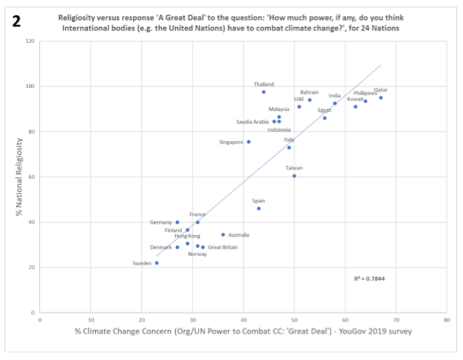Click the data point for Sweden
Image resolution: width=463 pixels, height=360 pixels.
click(157, 263)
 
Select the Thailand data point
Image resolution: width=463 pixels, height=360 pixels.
click(263, 91)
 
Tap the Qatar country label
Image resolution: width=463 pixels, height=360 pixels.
click(381, 90)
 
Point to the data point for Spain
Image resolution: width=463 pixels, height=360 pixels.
click(259, 208)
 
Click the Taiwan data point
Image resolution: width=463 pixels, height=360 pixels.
click(294, 176)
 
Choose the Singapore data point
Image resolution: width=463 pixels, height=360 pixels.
click(249, 142)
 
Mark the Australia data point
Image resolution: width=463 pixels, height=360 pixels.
click(223, 235)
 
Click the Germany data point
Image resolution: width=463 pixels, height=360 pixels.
click(177, 222)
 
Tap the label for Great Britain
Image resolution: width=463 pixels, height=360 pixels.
click(223, 247)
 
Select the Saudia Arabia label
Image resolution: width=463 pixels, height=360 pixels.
click(252, 122)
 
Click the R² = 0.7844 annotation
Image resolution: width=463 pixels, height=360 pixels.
click(370, 279)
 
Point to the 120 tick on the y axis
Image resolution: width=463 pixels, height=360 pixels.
click(30, 41)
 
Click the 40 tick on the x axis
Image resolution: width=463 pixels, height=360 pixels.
click(243, 320)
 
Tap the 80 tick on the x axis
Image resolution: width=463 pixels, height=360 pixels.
click(447, 320)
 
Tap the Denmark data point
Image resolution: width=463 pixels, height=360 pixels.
click(177, 247)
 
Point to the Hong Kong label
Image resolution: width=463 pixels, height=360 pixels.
click(187, 236)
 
